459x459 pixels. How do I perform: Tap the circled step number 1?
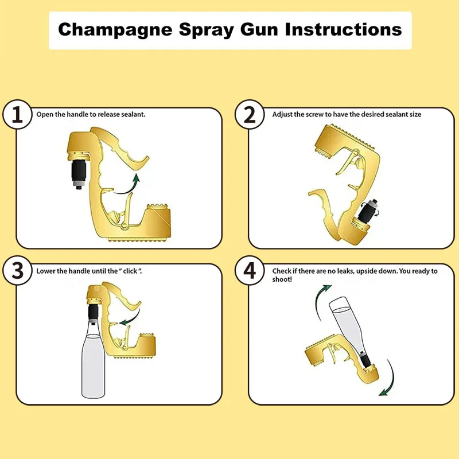coord(18,115)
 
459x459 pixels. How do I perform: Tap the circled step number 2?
coord(250,115)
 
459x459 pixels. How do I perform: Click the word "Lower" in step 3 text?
coord(45,270)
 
